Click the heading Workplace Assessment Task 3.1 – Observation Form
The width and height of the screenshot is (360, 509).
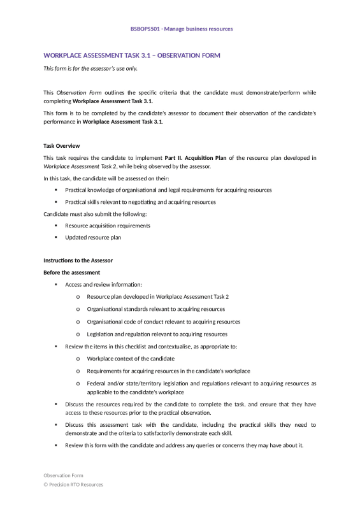(x=131, y=55)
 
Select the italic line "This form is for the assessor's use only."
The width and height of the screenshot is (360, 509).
(x=90, y=68)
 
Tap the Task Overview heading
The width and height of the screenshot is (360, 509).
(x=61, y=146)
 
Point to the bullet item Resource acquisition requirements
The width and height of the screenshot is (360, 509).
(x=108, y=226)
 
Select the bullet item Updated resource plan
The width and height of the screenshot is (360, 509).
(x=93, y=237)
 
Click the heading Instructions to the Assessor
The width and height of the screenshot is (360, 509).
(x=77, y=261)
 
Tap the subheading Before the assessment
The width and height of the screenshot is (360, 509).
(x=71, y=273)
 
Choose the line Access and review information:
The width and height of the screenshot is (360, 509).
(x=103, y=284)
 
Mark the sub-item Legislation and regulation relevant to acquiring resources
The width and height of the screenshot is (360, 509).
(x=157, y=334)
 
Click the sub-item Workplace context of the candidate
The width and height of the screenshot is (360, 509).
(x=131, y=359)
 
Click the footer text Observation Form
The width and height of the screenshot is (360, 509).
(x=63, y=475)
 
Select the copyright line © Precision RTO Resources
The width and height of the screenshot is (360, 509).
(x=73, y=485)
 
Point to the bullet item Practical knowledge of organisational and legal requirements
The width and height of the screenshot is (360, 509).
(x=168, y=190)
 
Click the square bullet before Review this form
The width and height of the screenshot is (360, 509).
(x=56, y=445)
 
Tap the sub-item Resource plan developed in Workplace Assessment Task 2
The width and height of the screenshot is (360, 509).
(x=157, y=297)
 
